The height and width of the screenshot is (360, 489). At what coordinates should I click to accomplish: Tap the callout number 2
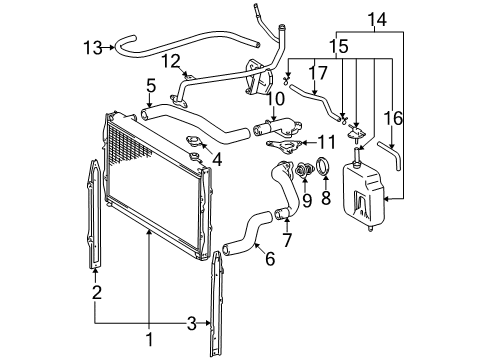click(x=96, y=291)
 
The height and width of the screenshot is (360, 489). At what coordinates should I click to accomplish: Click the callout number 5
click(x=151, y=85)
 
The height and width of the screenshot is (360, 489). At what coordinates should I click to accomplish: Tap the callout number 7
click(x=287, y=241)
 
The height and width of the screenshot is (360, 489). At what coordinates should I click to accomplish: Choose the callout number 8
click(x=325, y=198)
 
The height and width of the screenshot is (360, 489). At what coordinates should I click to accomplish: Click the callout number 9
click(x=306, y=199)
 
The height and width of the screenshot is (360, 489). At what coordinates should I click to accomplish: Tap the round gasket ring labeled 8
click(x=325, y=167)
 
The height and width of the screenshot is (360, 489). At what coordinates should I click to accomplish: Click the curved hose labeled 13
click(x=131, y=42)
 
